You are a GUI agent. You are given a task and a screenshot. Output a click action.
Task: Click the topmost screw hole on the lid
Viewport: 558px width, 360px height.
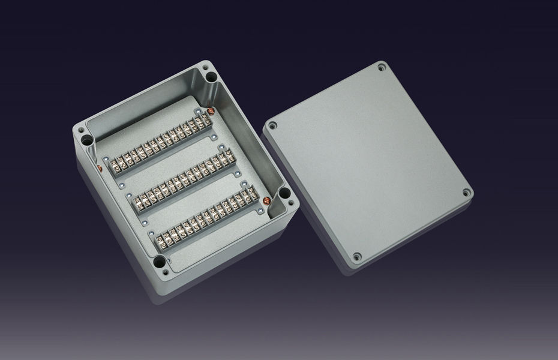[x=382, y=70]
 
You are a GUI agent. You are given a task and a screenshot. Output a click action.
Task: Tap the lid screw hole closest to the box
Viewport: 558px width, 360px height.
[x=273, y=127]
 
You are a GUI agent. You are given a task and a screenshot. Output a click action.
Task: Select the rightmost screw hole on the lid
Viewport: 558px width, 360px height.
[x=466, y=193]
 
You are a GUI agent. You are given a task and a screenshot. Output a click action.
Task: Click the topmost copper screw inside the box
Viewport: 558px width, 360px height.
[x=211, y=110]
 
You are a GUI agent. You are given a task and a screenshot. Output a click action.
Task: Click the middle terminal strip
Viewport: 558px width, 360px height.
[x=181, y=178]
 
